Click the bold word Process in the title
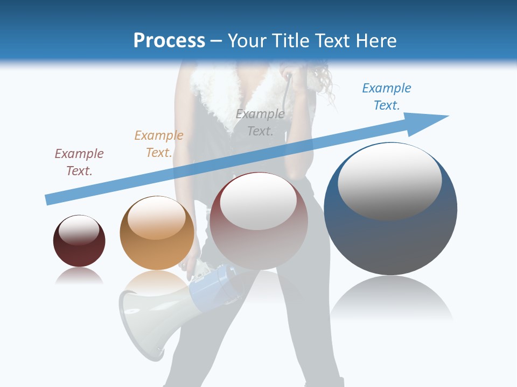(169, 41)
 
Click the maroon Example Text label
(79, 162)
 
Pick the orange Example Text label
(159, 144)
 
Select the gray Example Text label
(260, 123)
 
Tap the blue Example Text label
(387, 97)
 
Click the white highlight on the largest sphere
(389, 180)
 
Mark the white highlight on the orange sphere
(157, 218)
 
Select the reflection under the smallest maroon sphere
(79, 275)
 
